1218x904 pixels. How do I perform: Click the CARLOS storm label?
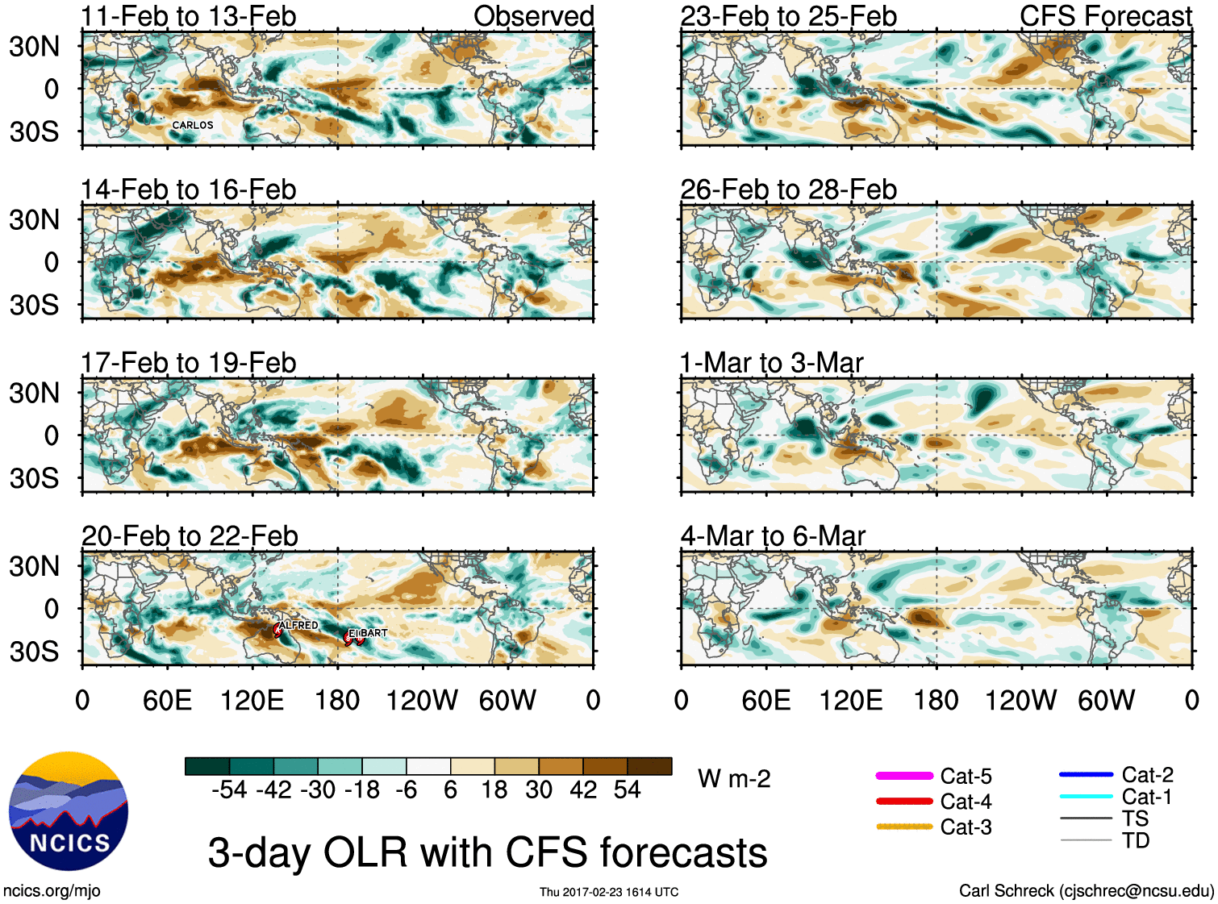(193, 125)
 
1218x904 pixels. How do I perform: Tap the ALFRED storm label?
(299, 625)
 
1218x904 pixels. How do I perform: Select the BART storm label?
(373, 633)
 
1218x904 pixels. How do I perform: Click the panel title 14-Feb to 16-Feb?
(189, 190)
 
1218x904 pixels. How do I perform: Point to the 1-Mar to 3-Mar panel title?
(772, 363)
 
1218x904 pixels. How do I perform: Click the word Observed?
(533, 16)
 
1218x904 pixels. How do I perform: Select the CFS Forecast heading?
(1105, 16)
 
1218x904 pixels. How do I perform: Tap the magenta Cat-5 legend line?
(904, 776)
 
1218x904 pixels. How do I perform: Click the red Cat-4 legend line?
(904, 802)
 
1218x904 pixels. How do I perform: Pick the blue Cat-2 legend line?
(1086, 775)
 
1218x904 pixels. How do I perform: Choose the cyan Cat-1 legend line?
(1086, 797)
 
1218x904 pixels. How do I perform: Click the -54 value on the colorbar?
(229, 789)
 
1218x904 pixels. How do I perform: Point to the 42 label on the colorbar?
(583, 789)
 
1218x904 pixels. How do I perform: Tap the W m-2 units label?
(734, 779)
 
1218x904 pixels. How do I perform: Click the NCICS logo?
(69, 811)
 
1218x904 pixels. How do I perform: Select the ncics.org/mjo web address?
(52, 891)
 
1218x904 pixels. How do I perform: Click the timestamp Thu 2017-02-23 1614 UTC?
(609, 892)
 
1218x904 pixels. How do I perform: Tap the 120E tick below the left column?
(252, 700)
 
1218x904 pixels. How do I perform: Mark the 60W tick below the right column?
(1106, 700)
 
